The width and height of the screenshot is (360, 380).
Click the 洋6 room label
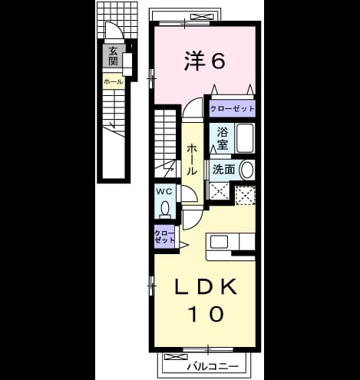(205, 60)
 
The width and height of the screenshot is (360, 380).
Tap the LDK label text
(205, 286)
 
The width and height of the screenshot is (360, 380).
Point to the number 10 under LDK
(206, 313)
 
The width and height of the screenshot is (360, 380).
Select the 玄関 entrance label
(113, 56)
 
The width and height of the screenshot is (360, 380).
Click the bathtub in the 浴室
(245, 138)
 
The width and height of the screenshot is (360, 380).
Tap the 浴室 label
(223, 138)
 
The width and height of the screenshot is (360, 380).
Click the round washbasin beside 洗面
(246, 170)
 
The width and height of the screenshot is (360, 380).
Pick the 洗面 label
(223, 169)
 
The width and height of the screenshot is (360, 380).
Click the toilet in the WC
(165, 209)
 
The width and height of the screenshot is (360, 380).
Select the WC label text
(164, 191)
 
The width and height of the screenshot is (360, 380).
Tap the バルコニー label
(213, 367)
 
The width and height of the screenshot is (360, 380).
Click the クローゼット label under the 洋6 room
(233, 108)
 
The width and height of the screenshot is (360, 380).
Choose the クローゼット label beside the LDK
(164, 237)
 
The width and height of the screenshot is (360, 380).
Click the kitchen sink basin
(219, 242)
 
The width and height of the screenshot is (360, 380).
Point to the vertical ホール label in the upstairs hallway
(192, 160)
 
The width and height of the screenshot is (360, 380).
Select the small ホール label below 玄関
(114, 82)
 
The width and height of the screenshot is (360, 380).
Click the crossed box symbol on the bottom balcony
(176, 357)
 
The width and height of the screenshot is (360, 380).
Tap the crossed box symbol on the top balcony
(203, 17)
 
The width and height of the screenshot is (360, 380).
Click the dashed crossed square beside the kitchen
(246, 195)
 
